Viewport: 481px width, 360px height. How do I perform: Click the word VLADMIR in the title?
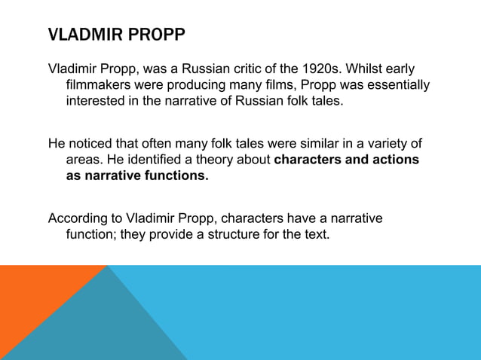pyautogui.click(x=78, y=35)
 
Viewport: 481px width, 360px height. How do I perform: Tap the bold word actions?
pyautogui.click(x=397, y=160)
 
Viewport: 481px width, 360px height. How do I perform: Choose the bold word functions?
pyautogui.click(x=175, y=176)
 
